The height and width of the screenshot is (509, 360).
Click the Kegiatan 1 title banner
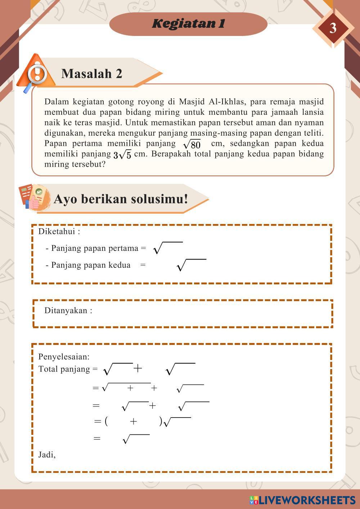point(188,24)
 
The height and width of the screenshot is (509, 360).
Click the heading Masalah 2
point(92,73)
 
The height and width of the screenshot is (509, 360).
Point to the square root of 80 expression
point(192,144)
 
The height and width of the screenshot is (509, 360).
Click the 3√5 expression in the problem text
point(122,155)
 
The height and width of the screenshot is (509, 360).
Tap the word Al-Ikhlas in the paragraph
point(233,102)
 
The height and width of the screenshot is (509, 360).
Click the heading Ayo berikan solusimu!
point(121,199)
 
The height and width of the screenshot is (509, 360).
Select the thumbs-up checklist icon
point(34,197)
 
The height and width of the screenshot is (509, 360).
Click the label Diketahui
point(59,231)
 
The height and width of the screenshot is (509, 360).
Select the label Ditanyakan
point(68,311)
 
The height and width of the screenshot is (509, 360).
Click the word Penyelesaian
point(64,357)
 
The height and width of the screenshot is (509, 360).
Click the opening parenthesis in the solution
point(106,421)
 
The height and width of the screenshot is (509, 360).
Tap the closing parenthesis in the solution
point(161,421)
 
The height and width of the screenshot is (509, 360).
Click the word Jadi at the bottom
point(47,455)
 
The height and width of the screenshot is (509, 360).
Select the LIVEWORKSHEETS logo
point(302,500)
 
